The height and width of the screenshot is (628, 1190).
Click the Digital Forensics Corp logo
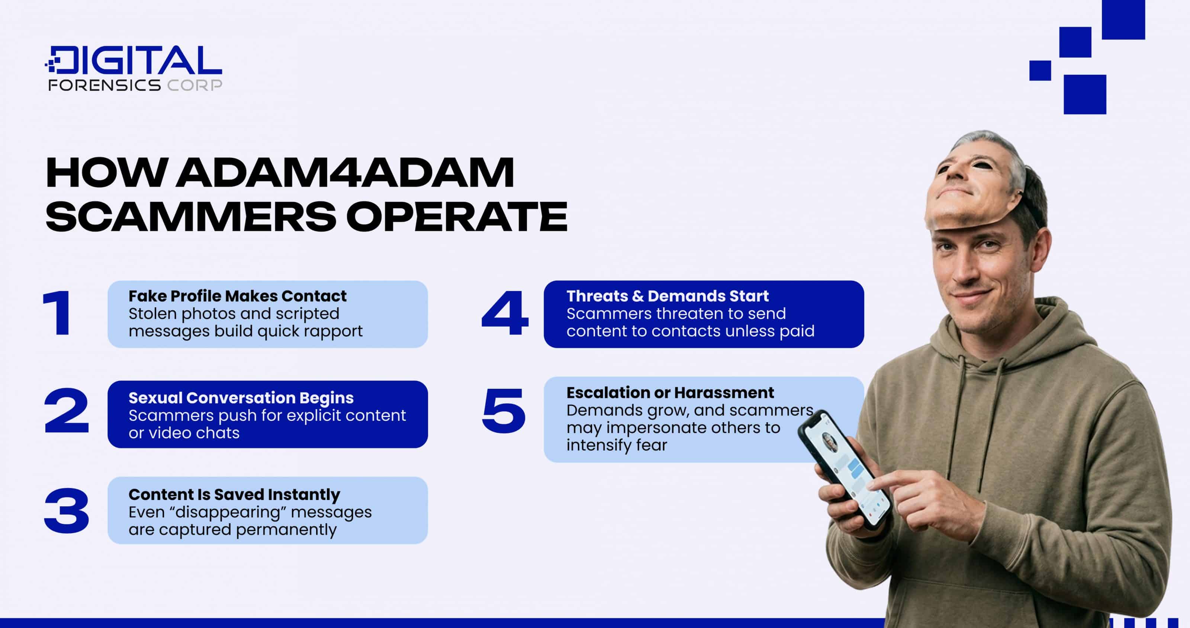(x=134, y=68)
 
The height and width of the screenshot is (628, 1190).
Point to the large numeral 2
(x=66, y=410)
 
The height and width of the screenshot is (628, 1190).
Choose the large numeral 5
(x=504, y=410)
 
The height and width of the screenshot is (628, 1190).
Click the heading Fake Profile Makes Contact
(x=238, y=296)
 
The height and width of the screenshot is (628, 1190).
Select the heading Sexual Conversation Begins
(x=241, y=398)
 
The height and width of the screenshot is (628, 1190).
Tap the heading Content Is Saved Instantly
(x=234, y=494)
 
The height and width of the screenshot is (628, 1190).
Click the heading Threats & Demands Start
(x=668, y=296)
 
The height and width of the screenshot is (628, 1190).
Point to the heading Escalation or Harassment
(x=670, y=393)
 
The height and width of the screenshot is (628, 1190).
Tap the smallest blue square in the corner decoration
(x=1040, y=71)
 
